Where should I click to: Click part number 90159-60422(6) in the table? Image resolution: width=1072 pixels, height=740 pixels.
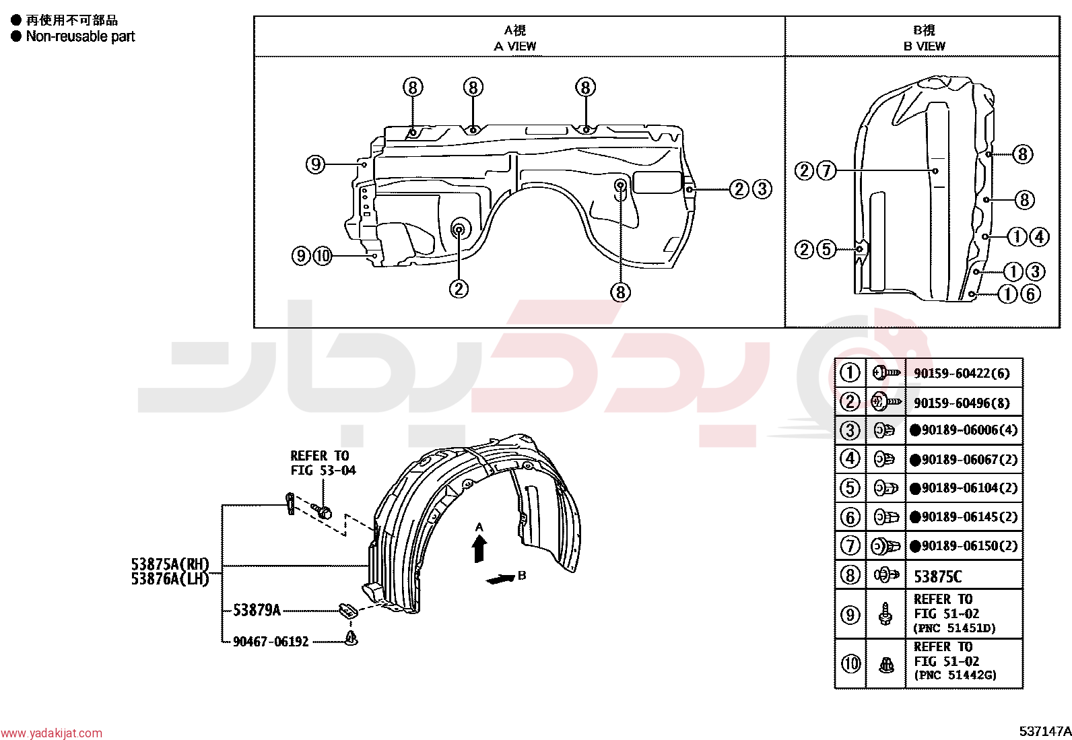click(962, 373)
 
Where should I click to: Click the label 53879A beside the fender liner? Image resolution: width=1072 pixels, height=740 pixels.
click(257, 610)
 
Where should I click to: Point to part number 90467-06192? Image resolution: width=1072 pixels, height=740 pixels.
click(271, 642)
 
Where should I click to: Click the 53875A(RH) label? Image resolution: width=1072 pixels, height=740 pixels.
click(170, 564)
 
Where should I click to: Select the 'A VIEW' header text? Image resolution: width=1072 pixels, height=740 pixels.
click(515, 46)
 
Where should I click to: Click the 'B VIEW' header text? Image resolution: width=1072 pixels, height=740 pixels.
click(924, 46)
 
